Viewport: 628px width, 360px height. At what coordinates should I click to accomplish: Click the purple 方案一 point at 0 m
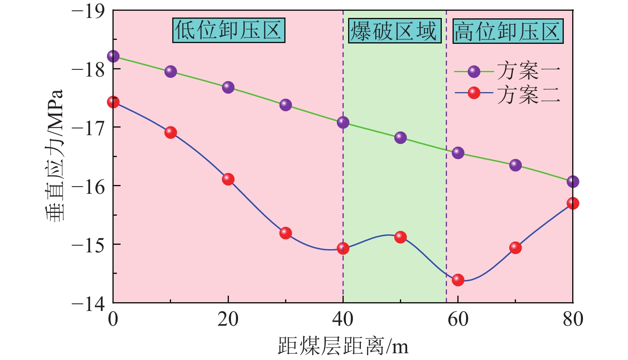pos(113,56)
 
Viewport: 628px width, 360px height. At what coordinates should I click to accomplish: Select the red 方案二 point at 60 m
pos(458,280)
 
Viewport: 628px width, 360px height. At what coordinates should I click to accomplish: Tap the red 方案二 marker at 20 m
pos(228,179)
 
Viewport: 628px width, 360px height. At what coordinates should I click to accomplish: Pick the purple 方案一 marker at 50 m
pos(400,138)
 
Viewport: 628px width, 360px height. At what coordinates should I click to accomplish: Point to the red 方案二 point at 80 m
pos(573,203)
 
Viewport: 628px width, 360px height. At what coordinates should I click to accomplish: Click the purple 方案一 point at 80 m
pos(573,182)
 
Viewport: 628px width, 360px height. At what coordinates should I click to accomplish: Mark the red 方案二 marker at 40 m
pos(343,248)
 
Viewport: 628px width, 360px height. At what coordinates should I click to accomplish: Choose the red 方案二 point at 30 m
pos(285,233)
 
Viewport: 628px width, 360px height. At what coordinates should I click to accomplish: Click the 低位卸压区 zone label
pos(228,30)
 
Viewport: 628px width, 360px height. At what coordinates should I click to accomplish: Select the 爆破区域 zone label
pos(394,31)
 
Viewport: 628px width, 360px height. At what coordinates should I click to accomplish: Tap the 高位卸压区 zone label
pos(508,31)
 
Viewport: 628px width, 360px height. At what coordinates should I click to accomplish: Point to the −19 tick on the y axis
pos(88,11)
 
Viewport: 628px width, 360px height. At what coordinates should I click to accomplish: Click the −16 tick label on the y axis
pos(88,186)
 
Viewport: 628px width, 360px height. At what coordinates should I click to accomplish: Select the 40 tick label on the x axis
pos(343,319)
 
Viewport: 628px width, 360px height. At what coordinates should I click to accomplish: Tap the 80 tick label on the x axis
pos(573,319)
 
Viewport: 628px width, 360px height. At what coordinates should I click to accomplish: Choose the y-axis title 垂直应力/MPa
pos(54,155)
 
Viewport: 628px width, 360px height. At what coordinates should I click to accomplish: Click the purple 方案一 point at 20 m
pos(228,87)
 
